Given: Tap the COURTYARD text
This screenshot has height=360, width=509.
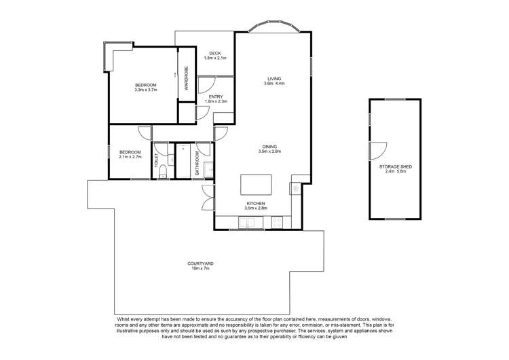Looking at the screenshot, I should pyautogui.click(x=201, y=263).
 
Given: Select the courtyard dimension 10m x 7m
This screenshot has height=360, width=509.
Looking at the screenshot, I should pyautogui.click(x=201, y=268).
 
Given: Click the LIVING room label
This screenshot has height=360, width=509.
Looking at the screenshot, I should pyautogui.click(x=274, y=79).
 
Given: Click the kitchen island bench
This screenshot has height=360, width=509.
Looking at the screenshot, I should pyautogui.click(x=256, y=185).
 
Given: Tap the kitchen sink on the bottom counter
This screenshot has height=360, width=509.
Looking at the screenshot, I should pyautogui.click(x=244, y=221).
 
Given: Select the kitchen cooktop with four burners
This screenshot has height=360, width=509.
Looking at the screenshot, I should pyautogui.click(x=277, y=221).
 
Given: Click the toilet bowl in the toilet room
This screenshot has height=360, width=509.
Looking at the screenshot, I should pyautogui.click(x=162, y=175).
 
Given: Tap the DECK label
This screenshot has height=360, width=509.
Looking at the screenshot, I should pyautogui.click(x=214, y=53).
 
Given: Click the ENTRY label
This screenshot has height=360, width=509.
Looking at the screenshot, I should pyautogui.click(x=216, y=96).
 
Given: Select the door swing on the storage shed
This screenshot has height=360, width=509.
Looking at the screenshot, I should pyautogui.click(x=377, y=151).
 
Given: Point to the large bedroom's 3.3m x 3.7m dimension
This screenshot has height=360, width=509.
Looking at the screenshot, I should pyautogui.click(x=146, y=90).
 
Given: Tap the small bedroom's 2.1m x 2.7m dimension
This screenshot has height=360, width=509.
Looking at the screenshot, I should pyautogui.click(x=130, y=156).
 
